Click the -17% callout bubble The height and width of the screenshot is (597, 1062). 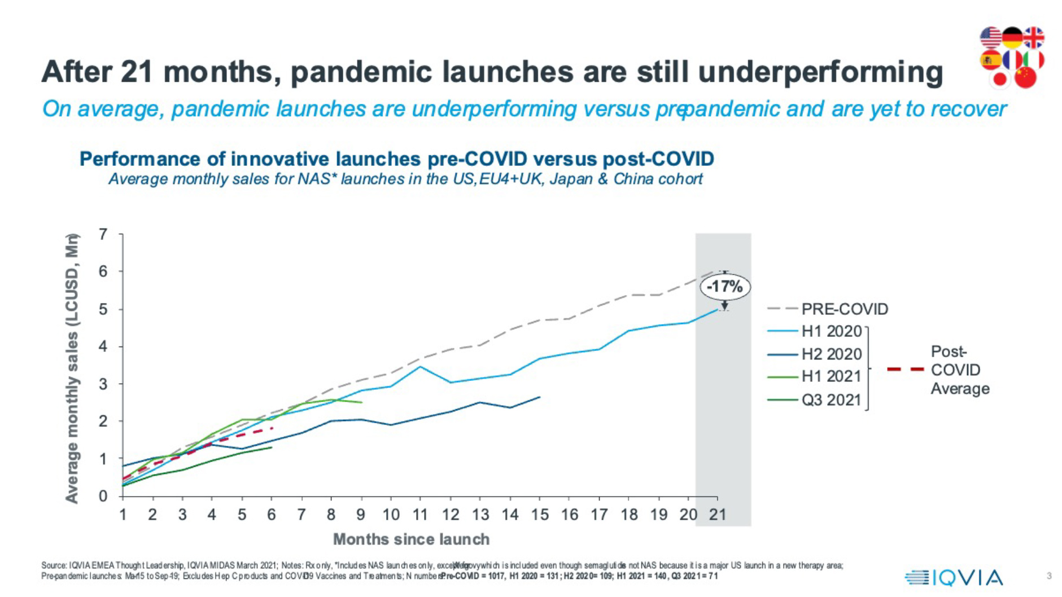725,287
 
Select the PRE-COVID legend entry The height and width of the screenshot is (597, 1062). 845,309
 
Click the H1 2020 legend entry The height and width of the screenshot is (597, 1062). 832,331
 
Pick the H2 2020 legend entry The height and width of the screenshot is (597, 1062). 832,354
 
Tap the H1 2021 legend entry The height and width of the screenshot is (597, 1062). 832,376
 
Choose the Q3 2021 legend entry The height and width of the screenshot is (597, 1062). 832,400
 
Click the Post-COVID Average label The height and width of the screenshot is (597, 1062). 959,370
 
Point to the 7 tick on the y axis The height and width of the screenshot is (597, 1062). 103,234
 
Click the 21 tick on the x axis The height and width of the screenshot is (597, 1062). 717,515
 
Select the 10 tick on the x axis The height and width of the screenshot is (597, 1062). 391,515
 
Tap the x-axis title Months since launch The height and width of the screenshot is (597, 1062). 411,539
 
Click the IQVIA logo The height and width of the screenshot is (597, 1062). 954,577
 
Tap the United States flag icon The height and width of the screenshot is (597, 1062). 990,37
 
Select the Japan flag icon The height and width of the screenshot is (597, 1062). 1000,79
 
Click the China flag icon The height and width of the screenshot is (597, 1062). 1025,76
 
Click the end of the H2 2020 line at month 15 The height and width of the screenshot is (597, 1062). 540,397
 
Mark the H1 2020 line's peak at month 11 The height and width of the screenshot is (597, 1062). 420,367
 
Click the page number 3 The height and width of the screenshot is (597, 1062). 1049,576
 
